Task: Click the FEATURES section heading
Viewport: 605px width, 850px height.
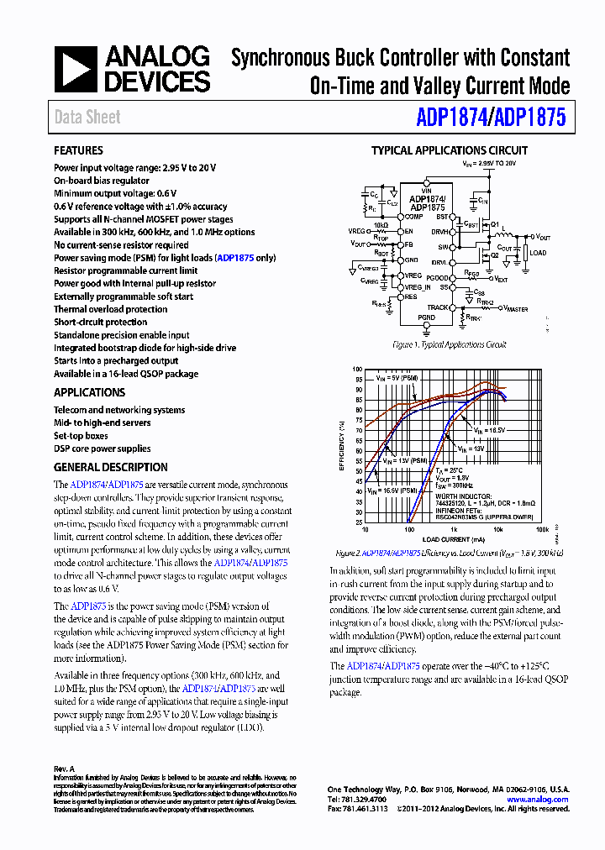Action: (x=78, y=150)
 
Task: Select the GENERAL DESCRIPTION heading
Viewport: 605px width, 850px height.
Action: (x=110, y=467)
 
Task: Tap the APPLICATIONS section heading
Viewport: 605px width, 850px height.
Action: (x=89, y=392)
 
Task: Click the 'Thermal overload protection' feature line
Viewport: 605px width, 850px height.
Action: (x=111, y=309)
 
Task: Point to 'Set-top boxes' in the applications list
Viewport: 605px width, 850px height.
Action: (x=81, y=436)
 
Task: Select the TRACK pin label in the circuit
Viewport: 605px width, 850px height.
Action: (x=438, y=307)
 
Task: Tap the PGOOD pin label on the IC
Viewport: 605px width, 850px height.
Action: (x=438, y=278)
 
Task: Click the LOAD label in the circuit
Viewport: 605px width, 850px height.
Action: (x=538, y=253)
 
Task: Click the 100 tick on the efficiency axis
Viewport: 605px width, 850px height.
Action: (x=357, y=370)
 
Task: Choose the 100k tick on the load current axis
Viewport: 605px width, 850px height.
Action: (x=542, y=530)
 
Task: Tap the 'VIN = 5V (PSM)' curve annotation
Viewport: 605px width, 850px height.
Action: (x=397, y=379)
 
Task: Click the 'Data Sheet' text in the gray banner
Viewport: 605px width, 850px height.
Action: (x=87, y=117)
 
